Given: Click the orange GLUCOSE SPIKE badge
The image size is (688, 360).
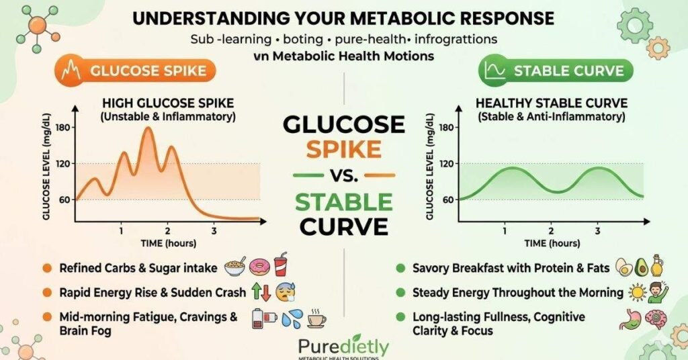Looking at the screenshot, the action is coord(135,71).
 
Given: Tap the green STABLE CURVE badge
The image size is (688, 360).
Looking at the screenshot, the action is coord(556,71).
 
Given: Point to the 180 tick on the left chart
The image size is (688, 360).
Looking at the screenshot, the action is coord(65,128).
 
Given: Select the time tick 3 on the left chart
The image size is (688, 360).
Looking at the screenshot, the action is coord(214,231).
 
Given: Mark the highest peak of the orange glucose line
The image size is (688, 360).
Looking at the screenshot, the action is coord(148,128).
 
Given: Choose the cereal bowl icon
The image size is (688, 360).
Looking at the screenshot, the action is coord(235,267).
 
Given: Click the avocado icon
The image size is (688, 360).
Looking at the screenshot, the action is coord(641,267).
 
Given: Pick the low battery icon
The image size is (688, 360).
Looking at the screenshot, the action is coord(263,319).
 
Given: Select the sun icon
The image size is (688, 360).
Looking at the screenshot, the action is coord(637,292).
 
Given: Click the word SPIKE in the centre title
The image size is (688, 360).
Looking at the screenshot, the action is coord(343,150).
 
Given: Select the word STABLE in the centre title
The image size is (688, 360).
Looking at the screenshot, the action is coord(343,202).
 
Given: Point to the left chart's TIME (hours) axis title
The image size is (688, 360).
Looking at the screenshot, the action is coord(169,243).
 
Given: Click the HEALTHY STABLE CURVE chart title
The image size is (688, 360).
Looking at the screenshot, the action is coord(552,103).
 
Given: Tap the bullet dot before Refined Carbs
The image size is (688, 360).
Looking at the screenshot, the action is coord(48,268).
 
